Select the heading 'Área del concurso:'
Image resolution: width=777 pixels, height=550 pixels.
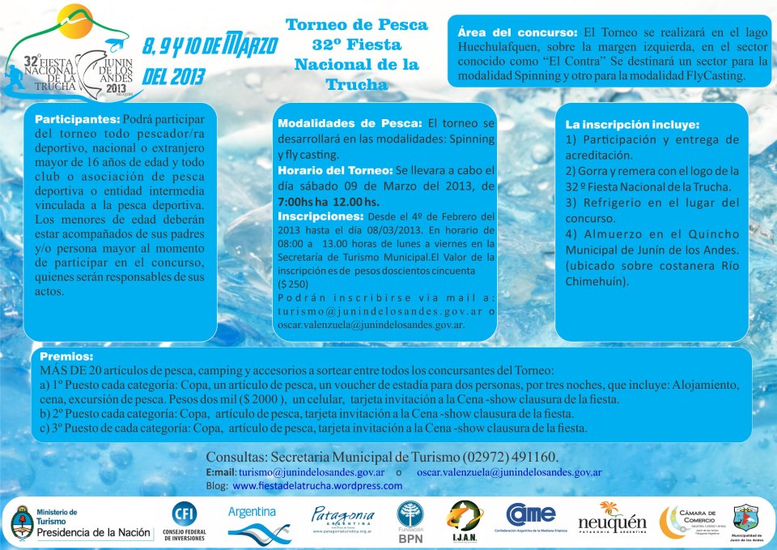[517, 32]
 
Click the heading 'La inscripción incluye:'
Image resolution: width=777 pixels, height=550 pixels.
[632, 125]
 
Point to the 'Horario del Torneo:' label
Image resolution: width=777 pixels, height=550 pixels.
[334, 171]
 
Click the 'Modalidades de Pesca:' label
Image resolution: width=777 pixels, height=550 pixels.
[350, 123]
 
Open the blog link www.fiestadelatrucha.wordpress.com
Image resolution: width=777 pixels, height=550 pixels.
[317, 486]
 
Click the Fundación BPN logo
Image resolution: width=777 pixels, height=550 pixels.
[410, 522]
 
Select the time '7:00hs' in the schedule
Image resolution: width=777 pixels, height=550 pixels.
[297, 201]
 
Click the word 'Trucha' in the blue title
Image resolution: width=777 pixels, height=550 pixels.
[356, 84]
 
